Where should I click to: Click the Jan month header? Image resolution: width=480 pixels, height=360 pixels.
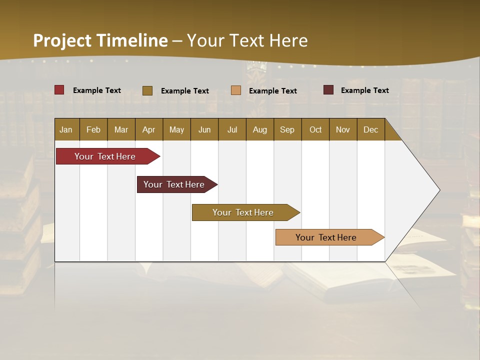pos(66,129)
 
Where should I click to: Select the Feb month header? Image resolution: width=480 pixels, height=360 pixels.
pos(93,129)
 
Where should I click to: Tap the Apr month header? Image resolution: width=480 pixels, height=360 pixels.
pos(148,129)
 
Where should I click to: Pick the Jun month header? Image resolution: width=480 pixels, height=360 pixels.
pos(204,129)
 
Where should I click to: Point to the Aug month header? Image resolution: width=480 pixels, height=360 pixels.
pos(259,129)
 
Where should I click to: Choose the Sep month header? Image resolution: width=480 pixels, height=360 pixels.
pos(287,129)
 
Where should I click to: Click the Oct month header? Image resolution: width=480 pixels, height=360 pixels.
pos(315,129)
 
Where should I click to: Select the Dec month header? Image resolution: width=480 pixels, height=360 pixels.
pos(370,129)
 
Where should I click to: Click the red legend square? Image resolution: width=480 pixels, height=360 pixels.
pos(59,90)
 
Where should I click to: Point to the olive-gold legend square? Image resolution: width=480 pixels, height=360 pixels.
pos(147,90)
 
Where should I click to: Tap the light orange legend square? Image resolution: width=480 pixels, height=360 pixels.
pos(236,90)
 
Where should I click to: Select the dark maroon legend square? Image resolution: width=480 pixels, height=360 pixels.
pos(328,90)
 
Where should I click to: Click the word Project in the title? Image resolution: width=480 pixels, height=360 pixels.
pos(62,40)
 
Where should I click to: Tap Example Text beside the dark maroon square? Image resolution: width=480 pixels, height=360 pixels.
pos(364,90)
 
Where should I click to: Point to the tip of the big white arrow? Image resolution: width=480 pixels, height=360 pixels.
pos(438,190)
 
